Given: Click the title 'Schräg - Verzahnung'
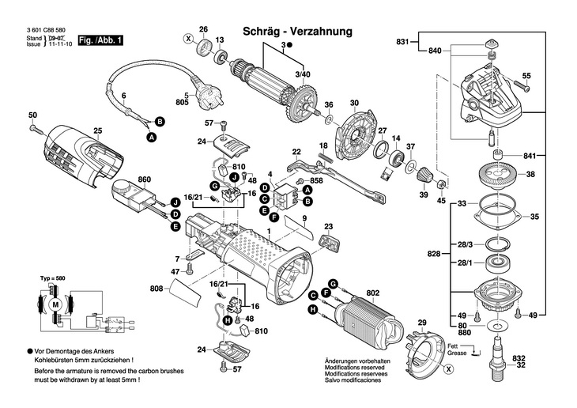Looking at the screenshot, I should click(x=298, y=31).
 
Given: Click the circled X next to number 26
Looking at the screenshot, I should click(x=188, y=38).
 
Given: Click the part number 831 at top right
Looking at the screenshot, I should click(x=404, y=41).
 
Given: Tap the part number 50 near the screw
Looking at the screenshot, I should click(x=32, y=115).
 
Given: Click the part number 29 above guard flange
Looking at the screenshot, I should click(x=421, y=323).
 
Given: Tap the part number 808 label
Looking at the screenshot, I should click(x=157, y=289).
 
